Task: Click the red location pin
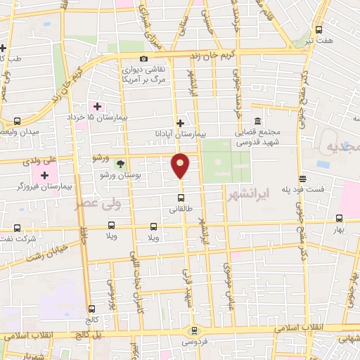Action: point(181,166)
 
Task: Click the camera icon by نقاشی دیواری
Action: point(144,59)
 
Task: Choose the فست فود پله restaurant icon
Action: point(302,178)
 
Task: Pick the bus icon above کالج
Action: point(91,309)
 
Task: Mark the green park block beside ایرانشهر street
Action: point(227,161)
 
